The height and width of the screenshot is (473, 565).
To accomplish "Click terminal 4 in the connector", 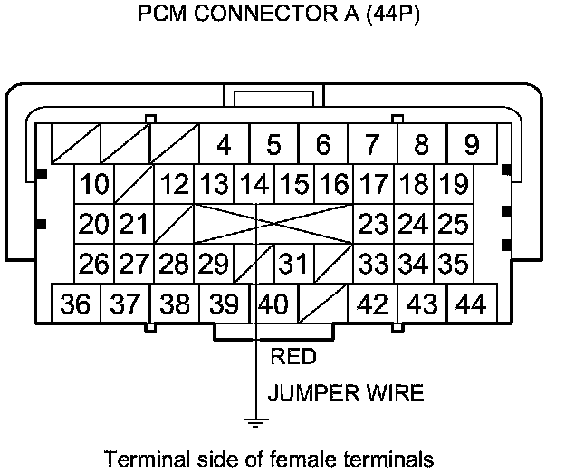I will coord(224,145).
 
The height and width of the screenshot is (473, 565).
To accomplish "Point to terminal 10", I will coord(94,185).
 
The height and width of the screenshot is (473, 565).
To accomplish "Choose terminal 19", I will coord(453,185).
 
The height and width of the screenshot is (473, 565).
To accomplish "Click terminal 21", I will coord(134,224).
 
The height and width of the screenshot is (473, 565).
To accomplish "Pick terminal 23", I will coord(373,224).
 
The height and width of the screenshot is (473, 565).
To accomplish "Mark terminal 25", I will coord(453,224).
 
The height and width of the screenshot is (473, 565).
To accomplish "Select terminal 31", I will coord(292,264).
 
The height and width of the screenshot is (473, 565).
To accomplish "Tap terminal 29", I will coord(214,264).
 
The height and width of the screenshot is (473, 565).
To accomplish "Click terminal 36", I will coord(76,304).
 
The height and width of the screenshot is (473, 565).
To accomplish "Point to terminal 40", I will coord(274,304).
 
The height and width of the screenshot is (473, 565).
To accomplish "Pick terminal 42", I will coord(373,304).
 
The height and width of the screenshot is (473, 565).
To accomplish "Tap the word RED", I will coord(293,357).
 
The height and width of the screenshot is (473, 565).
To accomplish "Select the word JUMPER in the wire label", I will coord(306,393).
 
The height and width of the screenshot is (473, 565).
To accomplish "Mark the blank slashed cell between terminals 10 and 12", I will coord(134,185).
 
